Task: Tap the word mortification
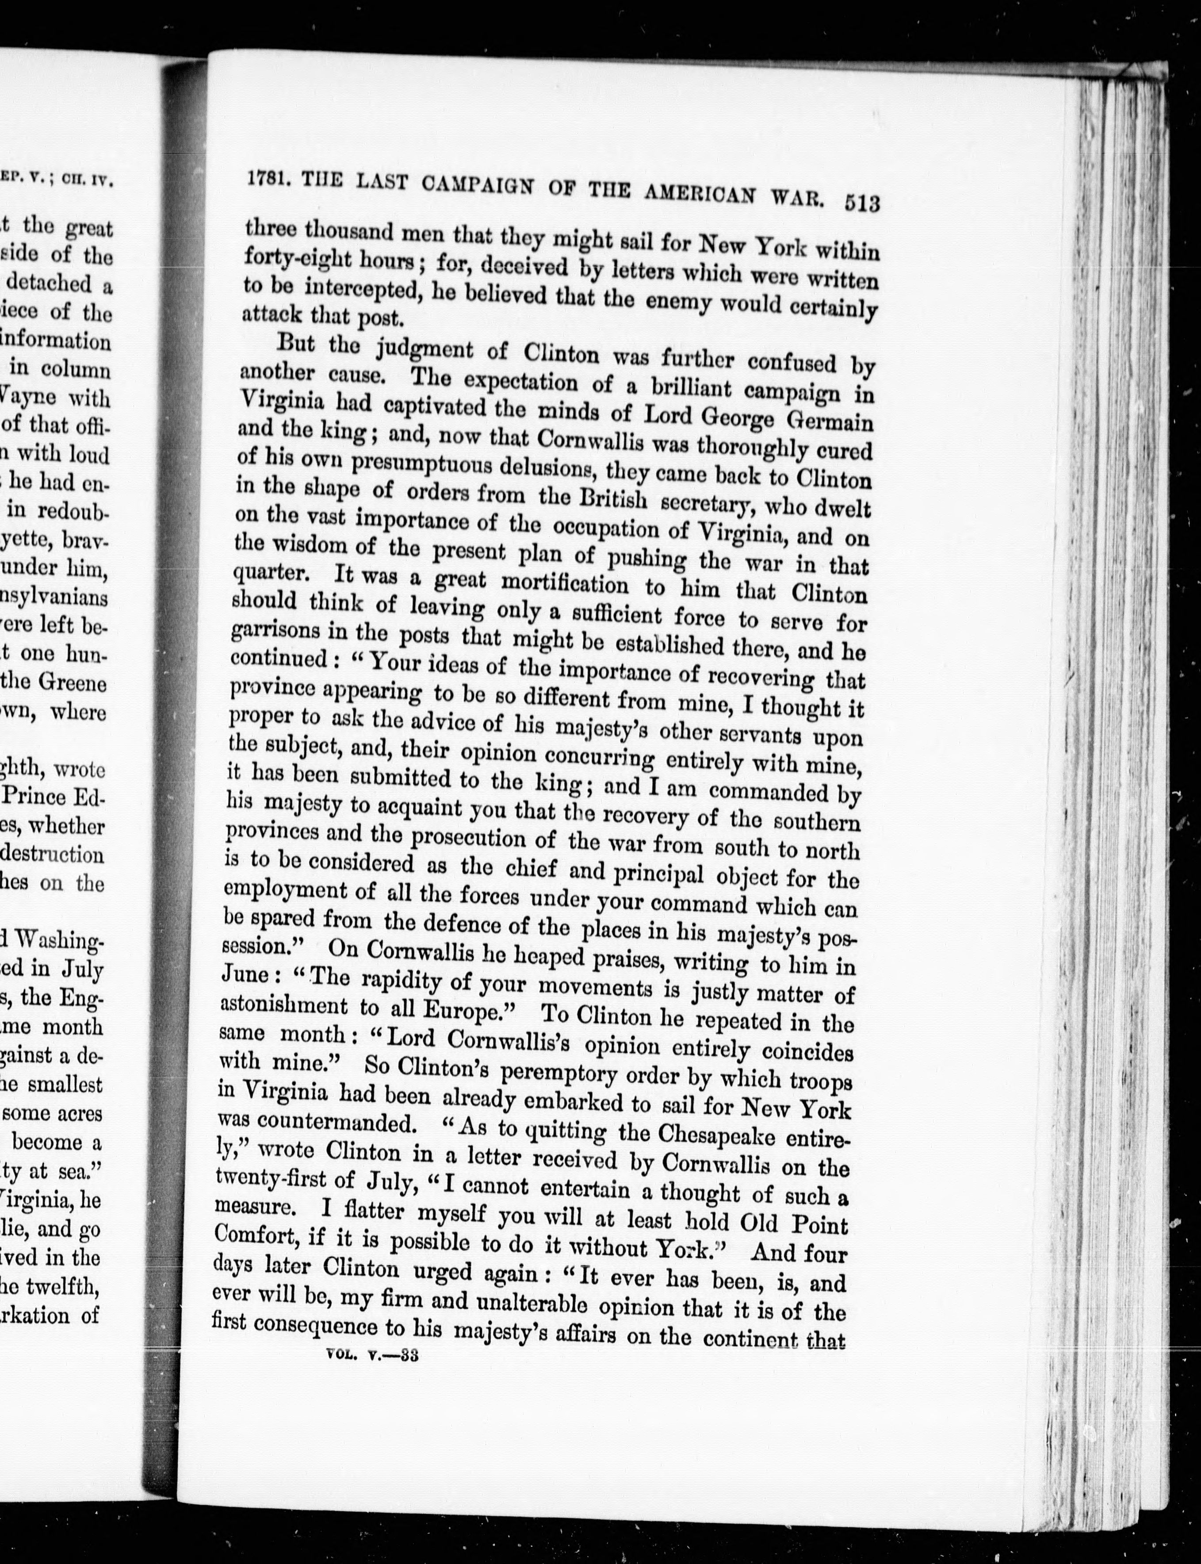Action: coord(564,583)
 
